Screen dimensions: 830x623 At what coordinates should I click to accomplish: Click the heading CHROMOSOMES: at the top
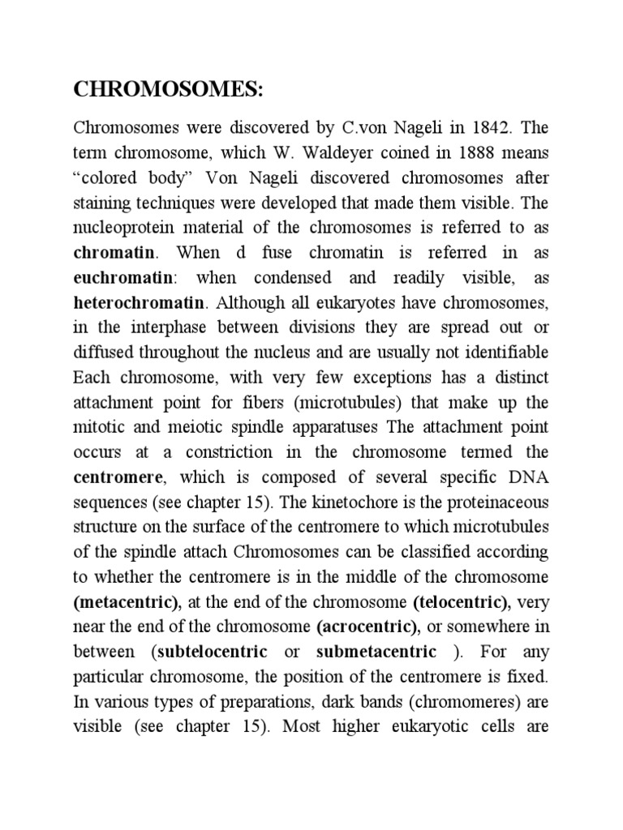pos(169,90)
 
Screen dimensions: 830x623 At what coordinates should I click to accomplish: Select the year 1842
pos(477,127)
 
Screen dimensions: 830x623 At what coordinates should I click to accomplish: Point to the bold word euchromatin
pos(123,277)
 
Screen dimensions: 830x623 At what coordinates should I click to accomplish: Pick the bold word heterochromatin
pos(139,302)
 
